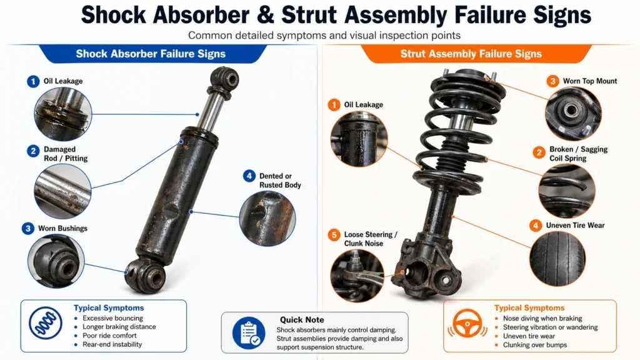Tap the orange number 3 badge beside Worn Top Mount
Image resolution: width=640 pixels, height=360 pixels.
click(x=552, y=81)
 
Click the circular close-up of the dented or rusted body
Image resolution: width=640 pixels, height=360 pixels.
click(x=267, y=218)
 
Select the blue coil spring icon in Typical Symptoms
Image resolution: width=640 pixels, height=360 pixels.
click(x=45, y=326)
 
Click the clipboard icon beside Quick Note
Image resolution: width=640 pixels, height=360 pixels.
click(x=249, y=332)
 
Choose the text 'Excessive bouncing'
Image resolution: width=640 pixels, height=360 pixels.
click(x=113, y=318)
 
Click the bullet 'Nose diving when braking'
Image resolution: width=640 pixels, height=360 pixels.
click(x=542, y=318)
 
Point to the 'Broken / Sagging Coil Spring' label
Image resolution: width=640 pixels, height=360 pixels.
click(x=578, y=154)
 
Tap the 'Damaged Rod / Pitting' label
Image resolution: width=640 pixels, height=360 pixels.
click(x=65, y=154)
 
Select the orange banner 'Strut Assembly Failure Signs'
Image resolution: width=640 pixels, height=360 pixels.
click(x=471, y=54)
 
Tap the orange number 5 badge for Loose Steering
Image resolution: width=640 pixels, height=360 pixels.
click(x=334, y=236)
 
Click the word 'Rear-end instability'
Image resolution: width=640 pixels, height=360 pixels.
click(x=112, y=344)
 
